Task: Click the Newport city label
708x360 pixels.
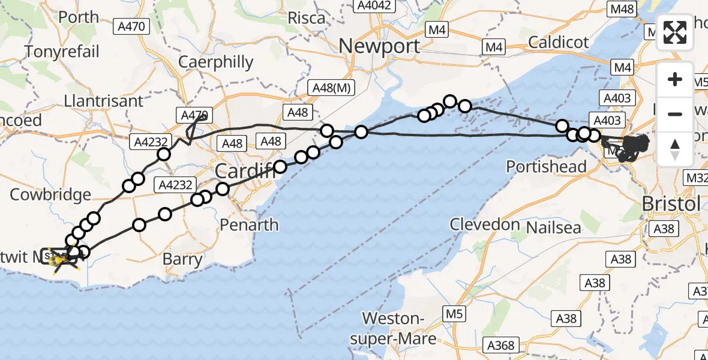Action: coord(380,46)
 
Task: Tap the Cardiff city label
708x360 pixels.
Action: coord(243,172)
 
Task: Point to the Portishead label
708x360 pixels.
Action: coord(546,166)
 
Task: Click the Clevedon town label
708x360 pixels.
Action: coord(485,224)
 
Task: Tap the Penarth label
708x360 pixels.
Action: coord(249,225)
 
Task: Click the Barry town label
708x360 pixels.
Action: coord(182,259)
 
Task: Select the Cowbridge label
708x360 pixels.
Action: coord(50,194)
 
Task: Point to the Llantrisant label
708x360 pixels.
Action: coord(104,100)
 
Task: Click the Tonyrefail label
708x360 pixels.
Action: coord(61,52)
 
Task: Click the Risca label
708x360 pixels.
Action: coord(306,18)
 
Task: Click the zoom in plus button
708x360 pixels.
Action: coord(675,79)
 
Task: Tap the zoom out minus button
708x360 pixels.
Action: coord(675,114)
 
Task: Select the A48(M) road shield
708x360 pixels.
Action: coord(331,88)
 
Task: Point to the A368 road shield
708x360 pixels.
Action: coord(500,345)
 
